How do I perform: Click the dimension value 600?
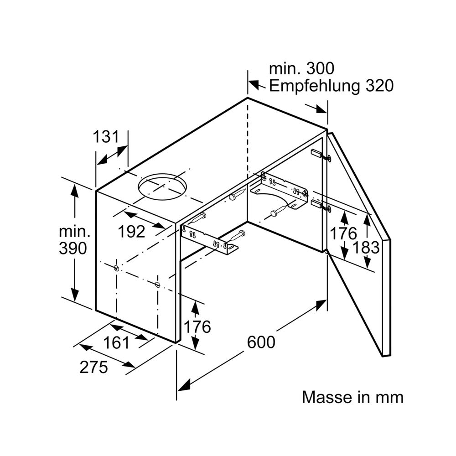coord(261,342)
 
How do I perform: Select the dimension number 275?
coord(93,367)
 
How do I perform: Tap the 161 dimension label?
coord(116,342)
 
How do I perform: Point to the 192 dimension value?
coord(131,232)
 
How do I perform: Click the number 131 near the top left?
coord(106,137)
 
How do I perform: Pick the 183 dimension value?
coord(366,248)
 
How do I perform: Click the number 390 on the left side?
coord(73,249)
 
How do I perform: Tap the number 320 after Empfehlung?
coord(379,86)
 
